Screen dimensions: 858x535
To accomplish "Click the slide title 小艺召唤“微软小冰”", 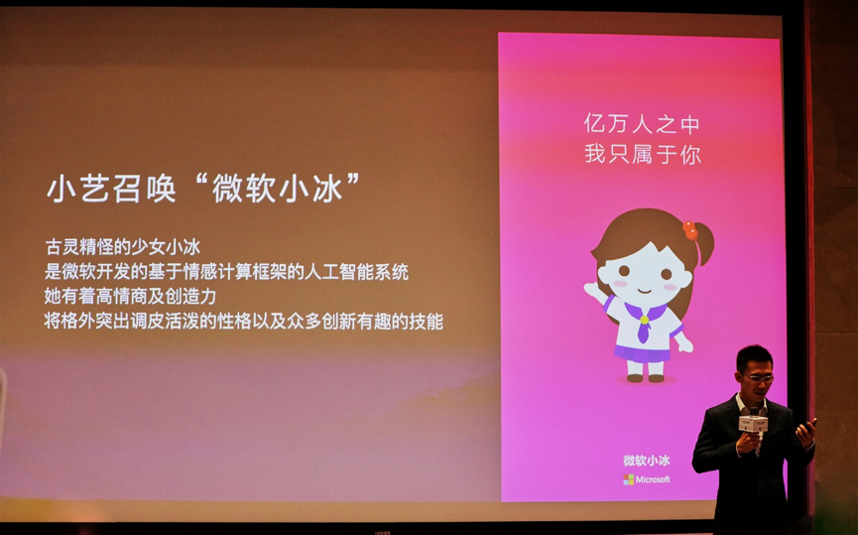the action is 203,189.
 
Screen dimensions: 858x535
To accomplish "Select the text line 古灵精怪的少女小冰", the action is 123,247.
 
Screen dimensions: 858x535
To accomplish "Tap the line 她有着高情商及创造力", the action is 130,296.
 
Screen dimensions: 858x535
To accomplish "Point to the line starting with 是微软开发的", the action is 226,272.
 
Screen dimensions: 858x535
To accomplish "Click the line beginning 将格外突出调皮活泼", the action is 243,321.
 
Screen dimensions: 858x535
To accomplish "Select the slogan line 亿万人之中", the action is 642,124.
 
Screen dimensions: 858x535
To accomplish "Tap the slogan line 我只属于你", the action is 643,154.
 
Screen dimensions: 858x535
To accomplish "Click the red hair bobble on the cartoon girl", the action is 689,230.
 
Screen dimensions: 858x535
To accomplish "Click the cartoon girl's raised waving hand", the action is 593,291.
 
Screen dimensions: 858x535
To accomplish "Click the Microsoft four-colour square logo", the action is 628,479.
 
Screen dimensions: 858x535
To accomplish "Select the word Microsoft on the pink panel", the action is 654,479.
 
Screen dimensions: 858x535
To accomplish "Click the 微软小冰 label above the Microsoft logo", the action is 647,461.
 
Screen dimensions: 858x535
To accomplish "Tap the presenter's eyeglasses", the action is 758,377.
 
